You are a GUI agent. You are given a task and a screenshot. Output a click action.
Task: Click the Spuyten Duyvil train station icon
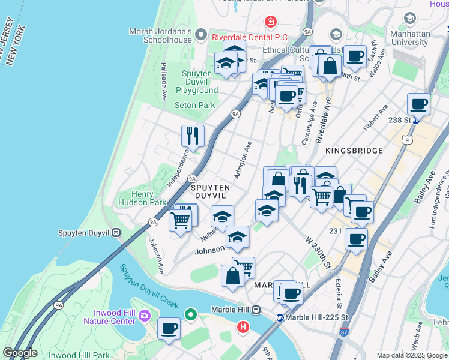(x=116, y=233)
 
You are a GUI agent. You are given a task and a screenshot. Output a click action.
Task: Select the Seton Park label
(x=194, y=105)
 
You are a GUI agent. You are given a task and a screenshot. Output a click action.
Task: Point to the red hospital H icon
(x=243, y=328)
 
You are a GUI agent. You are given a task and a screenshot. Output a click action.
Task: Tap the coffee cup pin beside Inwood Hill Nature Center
(x=169, y=329)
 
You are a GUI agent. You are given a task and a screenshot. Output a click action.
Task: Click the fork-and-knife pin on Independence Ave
(x=193, y=136)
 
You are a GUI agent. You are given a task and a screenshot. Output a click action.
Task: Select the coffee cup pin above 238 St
(x=418, y=104)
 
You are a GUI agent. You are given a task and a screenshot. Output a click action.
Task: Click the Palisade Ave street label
(x=163, y=76)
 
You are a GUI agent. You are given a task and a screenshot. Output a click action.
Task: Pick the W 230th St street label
(x=318, y=253)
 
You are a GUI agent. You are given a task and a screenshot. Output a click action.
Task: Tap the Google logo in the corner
(x=20, y=353)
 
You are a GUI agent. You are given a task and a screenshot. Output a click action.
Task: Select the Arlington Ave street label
(x=246, y=156)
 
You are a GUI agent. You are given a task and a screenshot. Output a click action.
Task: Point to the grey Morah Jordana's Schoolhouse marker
(x=200, y=35)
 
